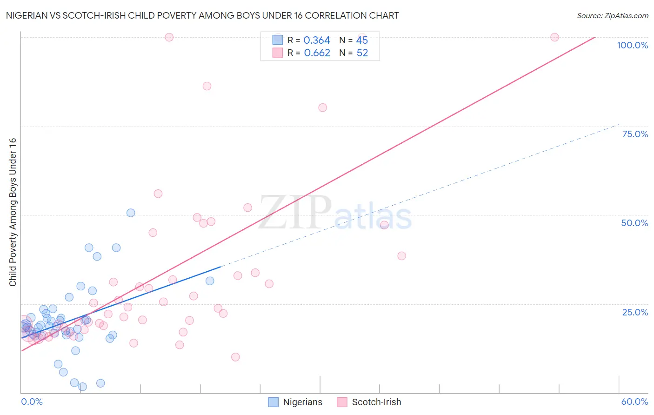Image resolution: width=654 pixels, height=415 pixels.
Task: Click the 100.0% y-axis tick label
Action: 632,45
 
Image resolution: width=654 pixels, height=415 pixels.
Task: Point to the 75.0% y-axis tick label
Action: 635,134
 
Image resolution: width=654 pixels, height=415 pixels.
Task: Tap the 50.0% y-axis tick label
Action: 634,223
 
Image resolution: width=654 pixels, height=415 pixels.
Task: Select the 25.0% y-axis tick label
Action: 635,312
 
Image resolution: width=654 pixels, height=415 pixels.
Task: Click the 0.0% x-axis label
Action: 32,402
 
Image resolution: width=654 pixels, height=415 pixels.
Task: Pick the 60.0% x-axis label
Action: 634,402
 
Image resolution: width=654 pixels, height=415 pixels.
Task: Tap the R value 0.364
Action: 317,40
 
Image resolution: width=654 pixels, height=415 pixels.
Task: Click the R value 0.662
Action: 317,53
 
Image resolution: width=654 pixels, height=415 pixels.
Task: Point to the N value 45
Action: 362,40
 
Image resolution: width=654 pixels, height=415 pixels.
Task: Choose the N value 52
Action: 362,53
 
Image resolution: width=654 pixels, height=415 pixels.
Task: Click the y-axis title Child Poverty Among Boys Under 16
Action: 13,212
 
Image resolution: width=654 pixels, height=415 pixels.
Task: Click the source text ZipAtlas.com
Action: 612,16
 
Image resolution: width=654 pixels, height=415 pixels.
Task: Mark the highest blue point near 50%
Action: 131,213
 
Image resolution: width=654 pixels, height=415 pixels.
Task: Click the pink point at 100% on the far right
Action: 554,37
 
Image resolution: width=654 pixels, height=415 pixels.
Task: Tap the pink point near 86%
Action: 207,86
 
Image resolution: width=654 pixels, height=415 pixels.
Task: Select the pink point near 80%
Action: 322,107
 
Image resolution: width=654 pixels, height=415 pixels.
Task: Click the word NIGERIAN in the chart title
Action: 28,16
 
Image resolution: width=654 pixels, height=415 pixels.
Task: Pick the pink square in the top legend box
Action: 278,53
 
